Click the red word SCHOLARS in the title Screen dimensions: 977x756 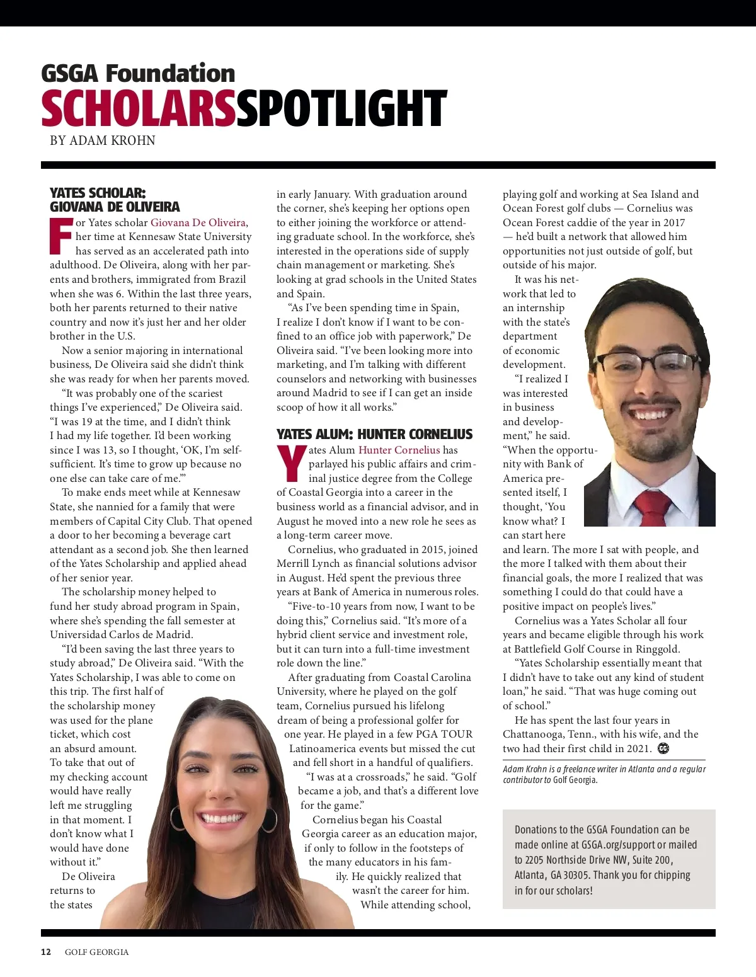coord(138,108)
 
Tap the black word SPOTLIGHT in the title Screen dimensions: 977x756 coord(341,108)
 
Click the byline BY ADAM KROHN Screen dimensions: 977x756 coord(103,140)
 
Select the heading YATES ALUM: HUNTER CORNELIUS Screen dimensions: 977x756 coord(374,434)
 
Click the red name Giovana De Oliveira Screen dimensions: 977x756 coord(198,222)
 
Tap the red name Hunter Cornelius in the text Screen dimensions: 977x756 coord(399,450)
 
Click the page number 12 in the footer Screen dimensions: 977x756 coord(46,952)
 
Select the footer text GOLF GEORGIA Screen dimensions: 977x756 coord(96,952)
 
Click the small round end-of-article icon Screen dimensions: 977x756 coord(663,748)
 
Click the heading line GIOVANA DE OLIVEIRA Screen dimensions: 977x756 coord(115,207)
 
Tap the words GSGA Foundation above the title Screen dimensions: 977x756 coord(138,73)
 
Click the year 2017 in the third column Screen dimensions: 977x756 coord(672,222)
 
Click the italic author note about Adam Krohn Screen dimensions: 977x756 coord(604,774)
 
